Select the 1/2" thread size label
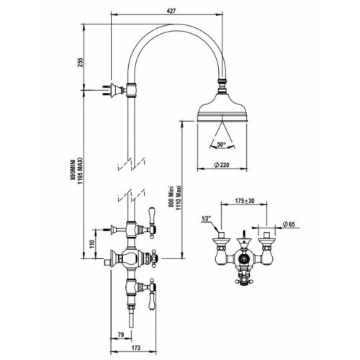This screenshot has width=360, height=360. (204, 219)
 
